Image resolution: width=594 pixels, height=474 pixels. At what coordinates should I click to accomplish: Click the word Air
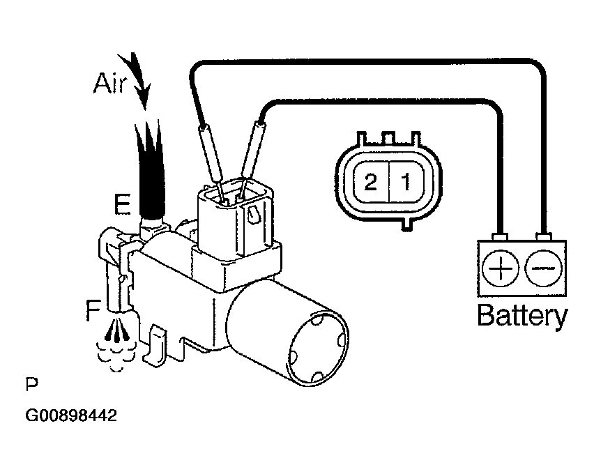coord(111,85)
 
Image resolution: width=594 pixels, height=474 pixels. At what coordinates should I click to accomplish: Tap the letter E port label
coord(122,204)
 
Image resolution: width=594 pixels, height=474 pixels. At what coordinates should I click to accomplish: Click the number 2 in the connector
coord(370,183)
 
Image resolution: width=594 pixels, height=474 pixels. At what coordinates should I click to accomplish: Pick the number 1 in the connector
coord(403,183)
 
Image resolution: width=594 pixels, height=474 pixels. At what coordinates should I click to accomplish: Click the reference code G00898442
coord(70,417)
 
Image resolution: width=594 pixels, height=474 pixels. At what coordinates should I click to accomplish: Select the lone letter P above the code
coord(30,384)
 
